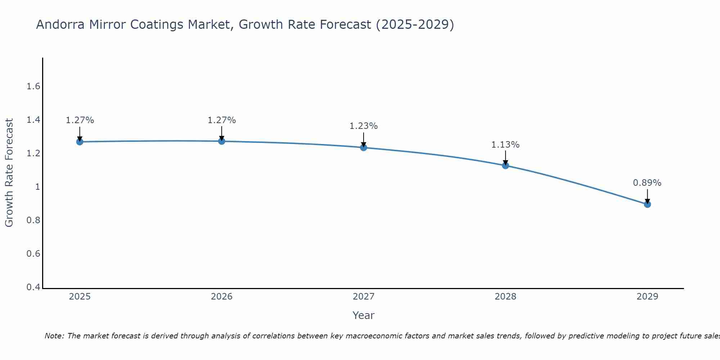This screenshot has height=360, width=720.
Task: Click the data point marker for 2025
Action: (x=80, y=142)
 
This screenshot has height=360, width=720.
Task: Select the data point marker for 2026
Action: (x=222, y=141)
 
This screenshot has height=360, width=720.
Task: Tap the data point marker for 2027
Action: (x=364, y=148)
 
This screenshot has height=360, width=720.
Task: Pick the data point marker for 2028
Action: (x=505, y=166)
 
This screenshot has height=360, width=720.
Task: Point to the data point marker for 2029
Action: (x=647, y=204)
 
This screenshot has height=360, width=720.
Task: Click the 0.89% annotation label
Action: (x=647, y=183)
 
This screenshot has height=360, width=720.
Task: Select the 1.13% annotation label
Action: (x=505, y=145)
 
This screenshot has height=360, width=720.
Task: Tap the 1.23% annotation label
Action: (x=363, y=126)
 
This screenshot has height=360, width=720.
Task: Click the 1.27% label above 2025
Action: (x=80, y=120)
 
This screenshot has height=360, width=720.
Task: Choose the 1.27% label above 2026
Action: (x=221, y=120)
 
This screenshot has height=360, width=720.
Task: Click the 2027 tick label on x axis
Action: (x=363, y=297)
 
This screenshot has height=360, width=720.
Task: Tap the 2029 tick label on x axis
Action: (x=647, y=297)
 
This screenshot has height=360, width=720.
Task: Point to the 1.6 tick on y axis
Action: (x=33, y=86)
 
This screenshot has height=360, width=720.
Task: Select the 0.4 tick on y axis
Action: (x=33, y=287)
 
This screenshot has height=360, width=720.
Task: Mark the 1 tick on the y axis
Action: (x=37, y=187)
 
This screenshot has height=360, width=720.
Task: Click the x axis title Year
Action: (x=363, y=315)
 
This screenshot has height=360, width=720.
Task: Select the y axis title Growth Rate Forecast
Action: (x=9, y=173)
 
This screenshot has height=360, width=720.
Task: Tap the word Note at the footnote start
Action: (x=54, y=336)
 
